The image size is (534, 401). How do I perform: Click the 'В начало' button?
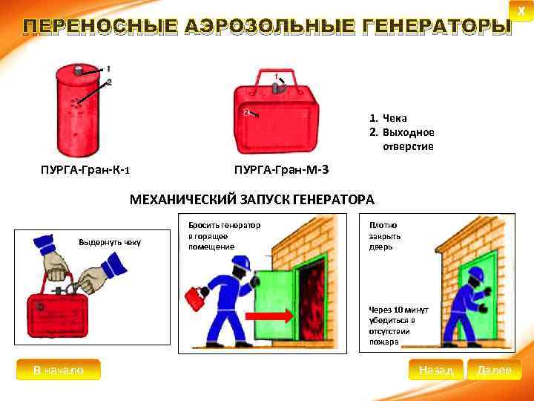pyautogui.click(x=58, y=370)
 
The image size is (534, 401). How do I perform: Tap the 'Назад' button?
pyautogui.click(x=435, y=370)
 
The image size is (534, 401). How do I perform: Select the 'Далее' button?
pyautogui.click(x=494, y=370)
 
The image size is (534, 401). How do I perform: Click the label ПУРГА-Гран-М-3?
pyautogui.click(x=280, y=169)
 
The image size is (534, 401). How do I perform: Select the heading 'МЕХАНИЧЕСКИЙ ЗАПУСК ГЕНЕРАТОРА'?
pyautogui.click(x=252, y=200)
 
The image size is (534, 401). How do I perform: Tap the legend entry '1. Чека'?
pyautogui.click(x=389, y=118)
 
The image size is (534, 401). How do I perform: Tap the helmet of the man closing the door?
pyautogui.click(x=476, y=274)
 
